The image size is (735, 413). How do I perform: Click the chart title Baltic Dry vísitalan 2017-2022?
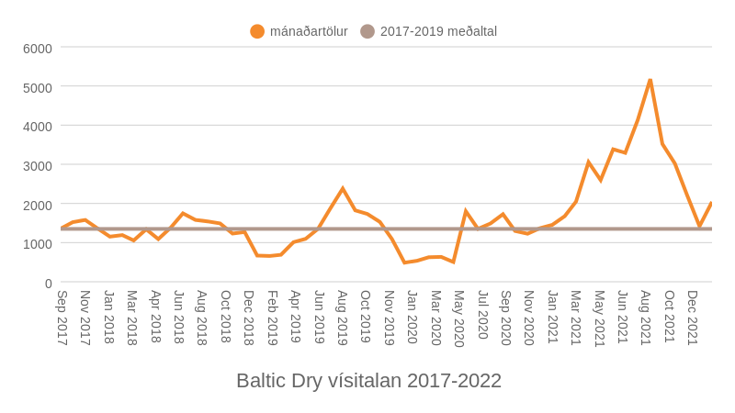[368, 380]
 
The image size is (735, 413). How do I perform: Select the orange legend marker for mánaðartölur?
[257, 31]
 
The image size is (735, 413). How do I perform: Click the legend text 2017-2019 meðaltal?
[438, 31]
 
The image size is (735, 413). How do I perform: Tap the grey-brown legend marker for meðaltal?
[367, 31]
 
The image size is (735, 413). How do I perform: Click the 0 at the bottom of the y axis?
[48, 284]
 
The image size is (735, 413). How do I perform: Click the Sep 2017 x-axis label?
[62, 318]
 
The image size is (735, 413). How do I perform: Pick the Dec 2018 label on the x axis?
[249, 318]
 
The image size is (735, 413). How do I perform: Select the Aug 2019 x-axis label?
[343, 318]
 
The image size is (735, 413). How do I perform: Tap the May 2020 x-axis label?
[459, 318]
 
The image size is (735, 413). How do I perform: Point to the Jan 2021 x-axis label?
[553, 318]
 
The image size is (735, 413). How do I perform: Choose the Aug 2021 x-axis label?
[646, 318]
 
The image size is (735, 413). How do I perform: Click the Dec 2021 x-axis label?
[693, 318]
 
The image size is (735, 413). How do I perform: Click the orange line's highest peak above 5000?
[650, 80]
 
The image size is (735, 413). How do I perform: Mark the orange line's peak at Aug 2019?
[343, 189]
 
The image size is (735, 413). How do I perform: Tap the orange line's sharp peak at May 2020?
[466, 211]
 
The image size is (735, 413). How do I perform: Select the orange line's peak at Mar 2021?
[588, 162]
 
